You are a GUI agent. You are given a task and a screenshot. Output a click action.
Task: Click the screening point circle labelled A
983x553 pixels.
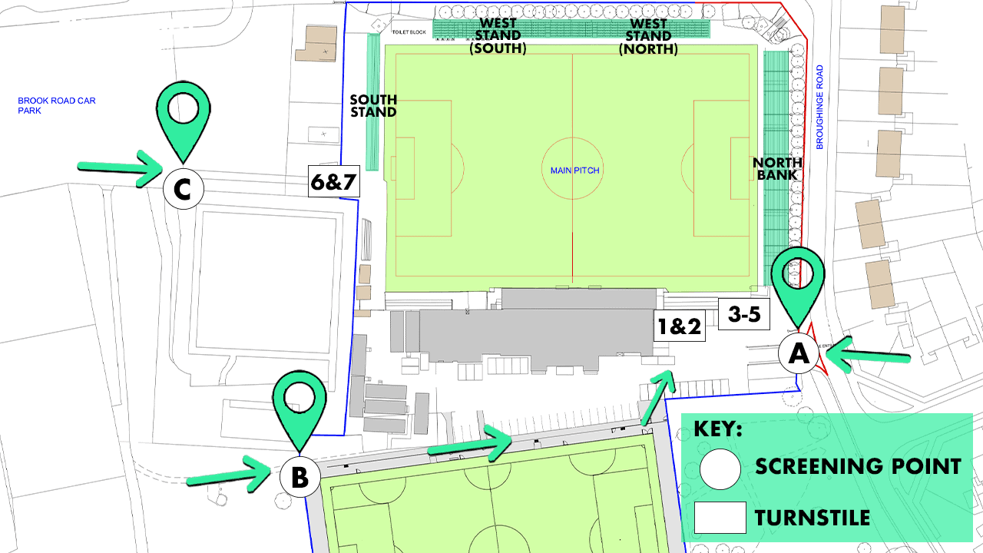tap(799, 354)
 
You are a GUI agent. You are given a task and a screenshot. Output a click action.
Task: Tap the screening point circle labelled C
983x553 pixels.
tap(183, 188)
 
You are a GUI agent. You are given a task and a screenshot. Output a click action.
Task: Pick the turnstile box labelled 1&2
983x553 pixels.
tap(678, 326)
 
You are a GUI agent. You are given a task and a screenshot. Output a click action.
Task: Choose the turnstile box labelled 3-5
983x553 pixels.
tap(743, 313)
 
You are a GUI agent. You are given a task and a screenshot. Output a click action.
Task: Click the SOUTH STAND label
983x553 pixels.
tap(373, 106)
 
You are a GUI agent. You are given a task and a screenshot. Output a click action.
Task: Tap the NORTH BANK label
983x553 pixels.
tap(777, 169)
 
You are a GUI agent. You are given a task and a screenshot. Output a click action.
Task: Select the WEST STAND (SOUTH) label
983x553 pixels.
tap(498, 36)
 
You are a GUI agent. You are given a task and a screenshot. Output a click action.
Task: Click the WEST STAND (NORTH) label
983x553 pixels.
tap(648, 36)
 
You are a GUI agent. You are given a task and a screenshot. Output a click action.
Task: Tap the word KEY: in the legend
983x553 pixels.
tap(718, 429)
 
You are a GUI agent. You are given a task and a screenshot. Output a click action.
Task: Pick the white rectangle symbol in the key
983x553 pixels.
tap(720, 518)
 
